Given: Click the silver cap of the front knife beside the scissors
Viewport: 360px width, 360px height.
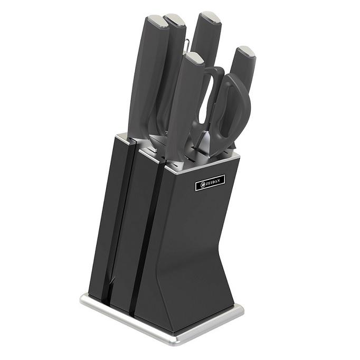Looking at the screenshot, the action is [195, 58].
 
